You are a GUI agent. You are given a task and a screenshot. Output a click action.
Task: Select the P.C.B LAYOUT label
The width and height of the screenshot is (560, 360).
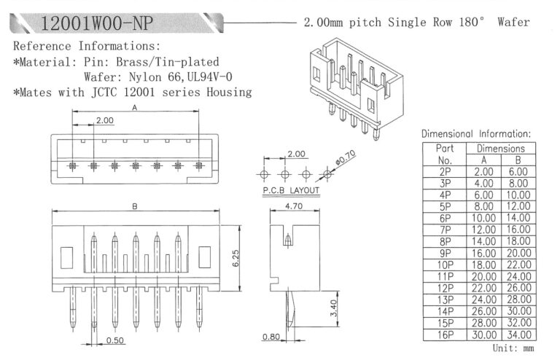tap(290, 190)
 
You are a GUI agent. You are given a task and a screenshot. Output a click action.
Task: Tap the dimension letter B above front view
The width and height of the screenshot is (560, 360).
tap(135, 207)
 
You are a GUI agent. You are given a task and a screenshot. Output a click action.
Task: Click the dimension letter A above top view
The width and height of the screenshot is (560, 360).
tap(134, 106)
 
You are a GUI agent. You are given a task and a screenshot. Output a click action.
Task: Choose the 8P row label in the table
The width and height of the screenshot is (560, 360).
tap(444, 240)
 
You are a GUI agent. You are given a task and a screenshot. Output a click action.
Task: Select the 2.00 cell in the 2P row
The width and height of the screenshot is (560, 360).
tap(483, 171)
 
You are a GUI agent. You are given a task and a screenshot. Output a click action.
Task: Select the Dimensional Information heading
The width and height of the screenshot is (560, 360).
tap(476, 133)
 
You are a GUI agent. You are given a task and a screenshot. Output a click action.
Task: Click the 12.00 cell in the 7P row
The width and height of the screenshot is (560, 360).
tap(483, 228)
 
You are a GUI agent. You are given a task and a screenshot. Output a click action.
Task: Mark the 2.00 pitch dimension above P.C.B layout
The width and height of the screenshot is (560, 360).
tap(296, 154)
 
